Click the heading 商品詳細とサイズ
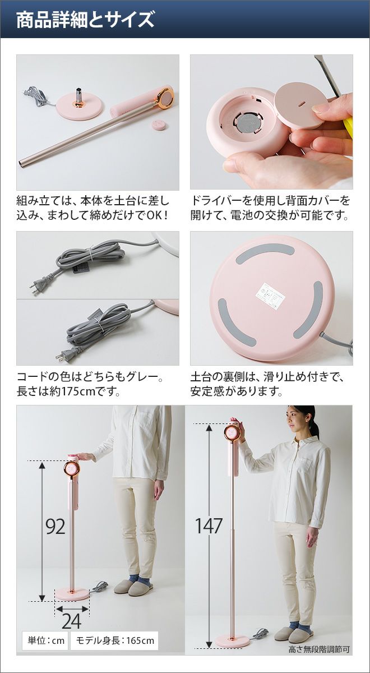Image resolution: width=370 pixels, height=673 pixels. pos(85,20)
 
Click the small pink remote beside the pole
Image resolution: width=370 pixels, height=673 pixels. pos(159,125)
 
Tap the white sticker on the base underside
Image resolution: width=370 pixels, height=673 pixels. pos(271,293)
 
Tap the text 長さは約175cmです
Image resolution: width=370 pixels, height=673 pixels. pos(69,391)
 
